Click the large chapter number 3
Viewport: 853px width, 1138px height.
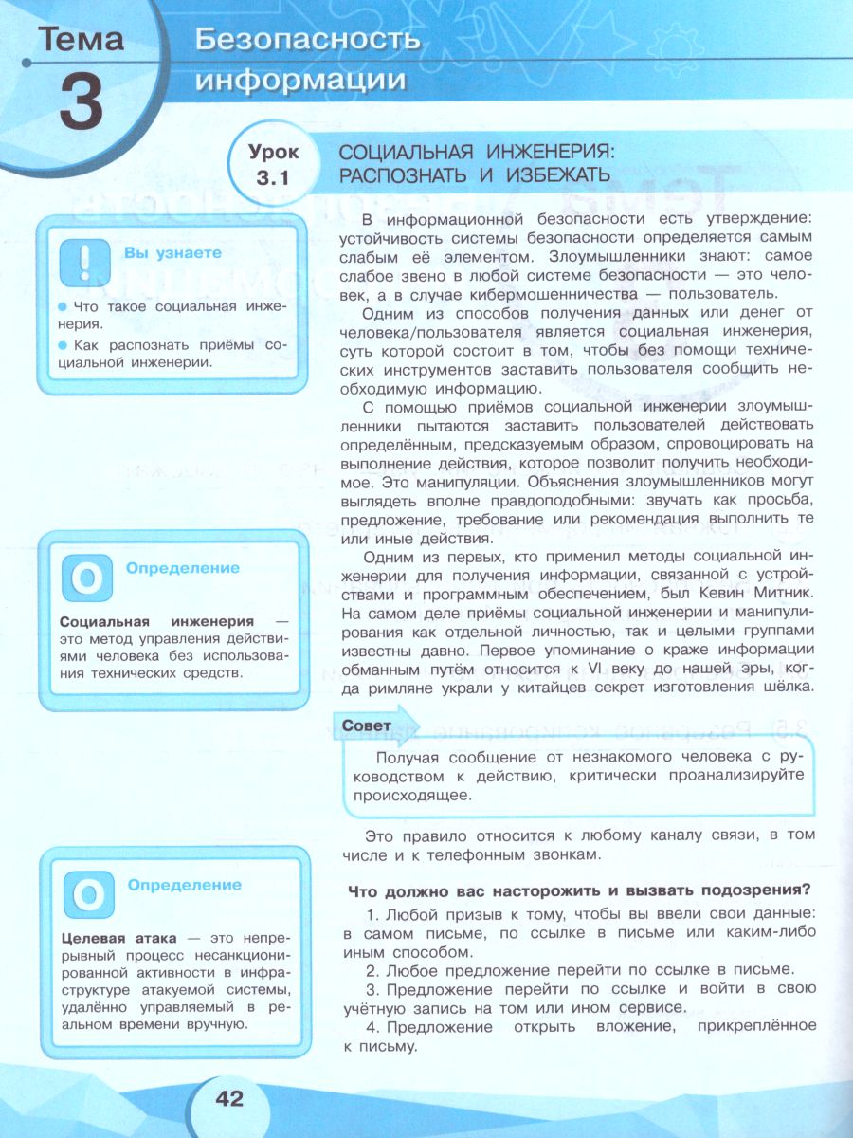click(x=81, y=102)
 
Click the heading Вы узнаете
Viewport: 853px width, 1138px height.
click(x=172, y=253)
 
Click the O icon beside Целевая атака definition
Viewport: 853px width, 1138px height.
click(x=87, y=894)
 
